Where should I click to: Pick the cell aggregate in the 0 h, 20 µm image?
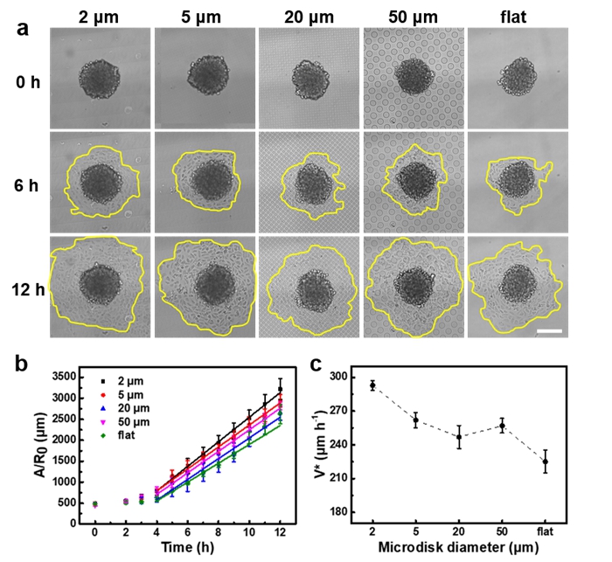click(309, 76)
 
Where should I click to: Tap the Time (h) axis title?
click(187, 547)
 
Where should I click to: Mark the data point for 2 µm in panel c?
click(372, 385)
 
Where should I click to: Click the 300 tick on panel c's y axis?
click(339, 377)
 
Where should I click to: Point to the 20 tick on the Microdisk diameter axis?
click(459, 531)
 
